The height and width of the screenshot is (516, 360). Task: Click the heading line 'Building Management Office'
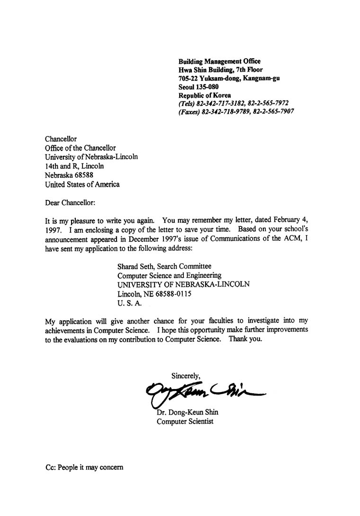pyautogui.click(x=219, y=61)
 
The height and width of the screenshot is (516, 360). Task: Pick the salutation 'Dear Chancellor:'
pyautogui.click(x=70, y=203)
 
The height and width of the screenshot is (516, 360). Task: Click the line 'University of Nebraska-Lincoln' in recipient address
pyautogui.click(x=91, y=157)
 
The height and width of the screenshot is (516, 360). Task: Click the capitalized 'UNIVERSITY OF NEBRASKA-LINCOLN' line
pyautogui.click(x=183, y=284)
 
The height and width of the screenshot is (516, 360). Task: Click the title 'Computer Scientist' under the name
pyautogui.click(x=185, y=421)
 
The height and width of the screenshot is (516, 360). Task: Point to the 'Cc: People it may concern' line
pyautogui.click(x=84, y=467)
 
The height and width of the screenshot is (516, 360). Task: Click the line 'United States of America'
pyautogui.click(x=82, y=184)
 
